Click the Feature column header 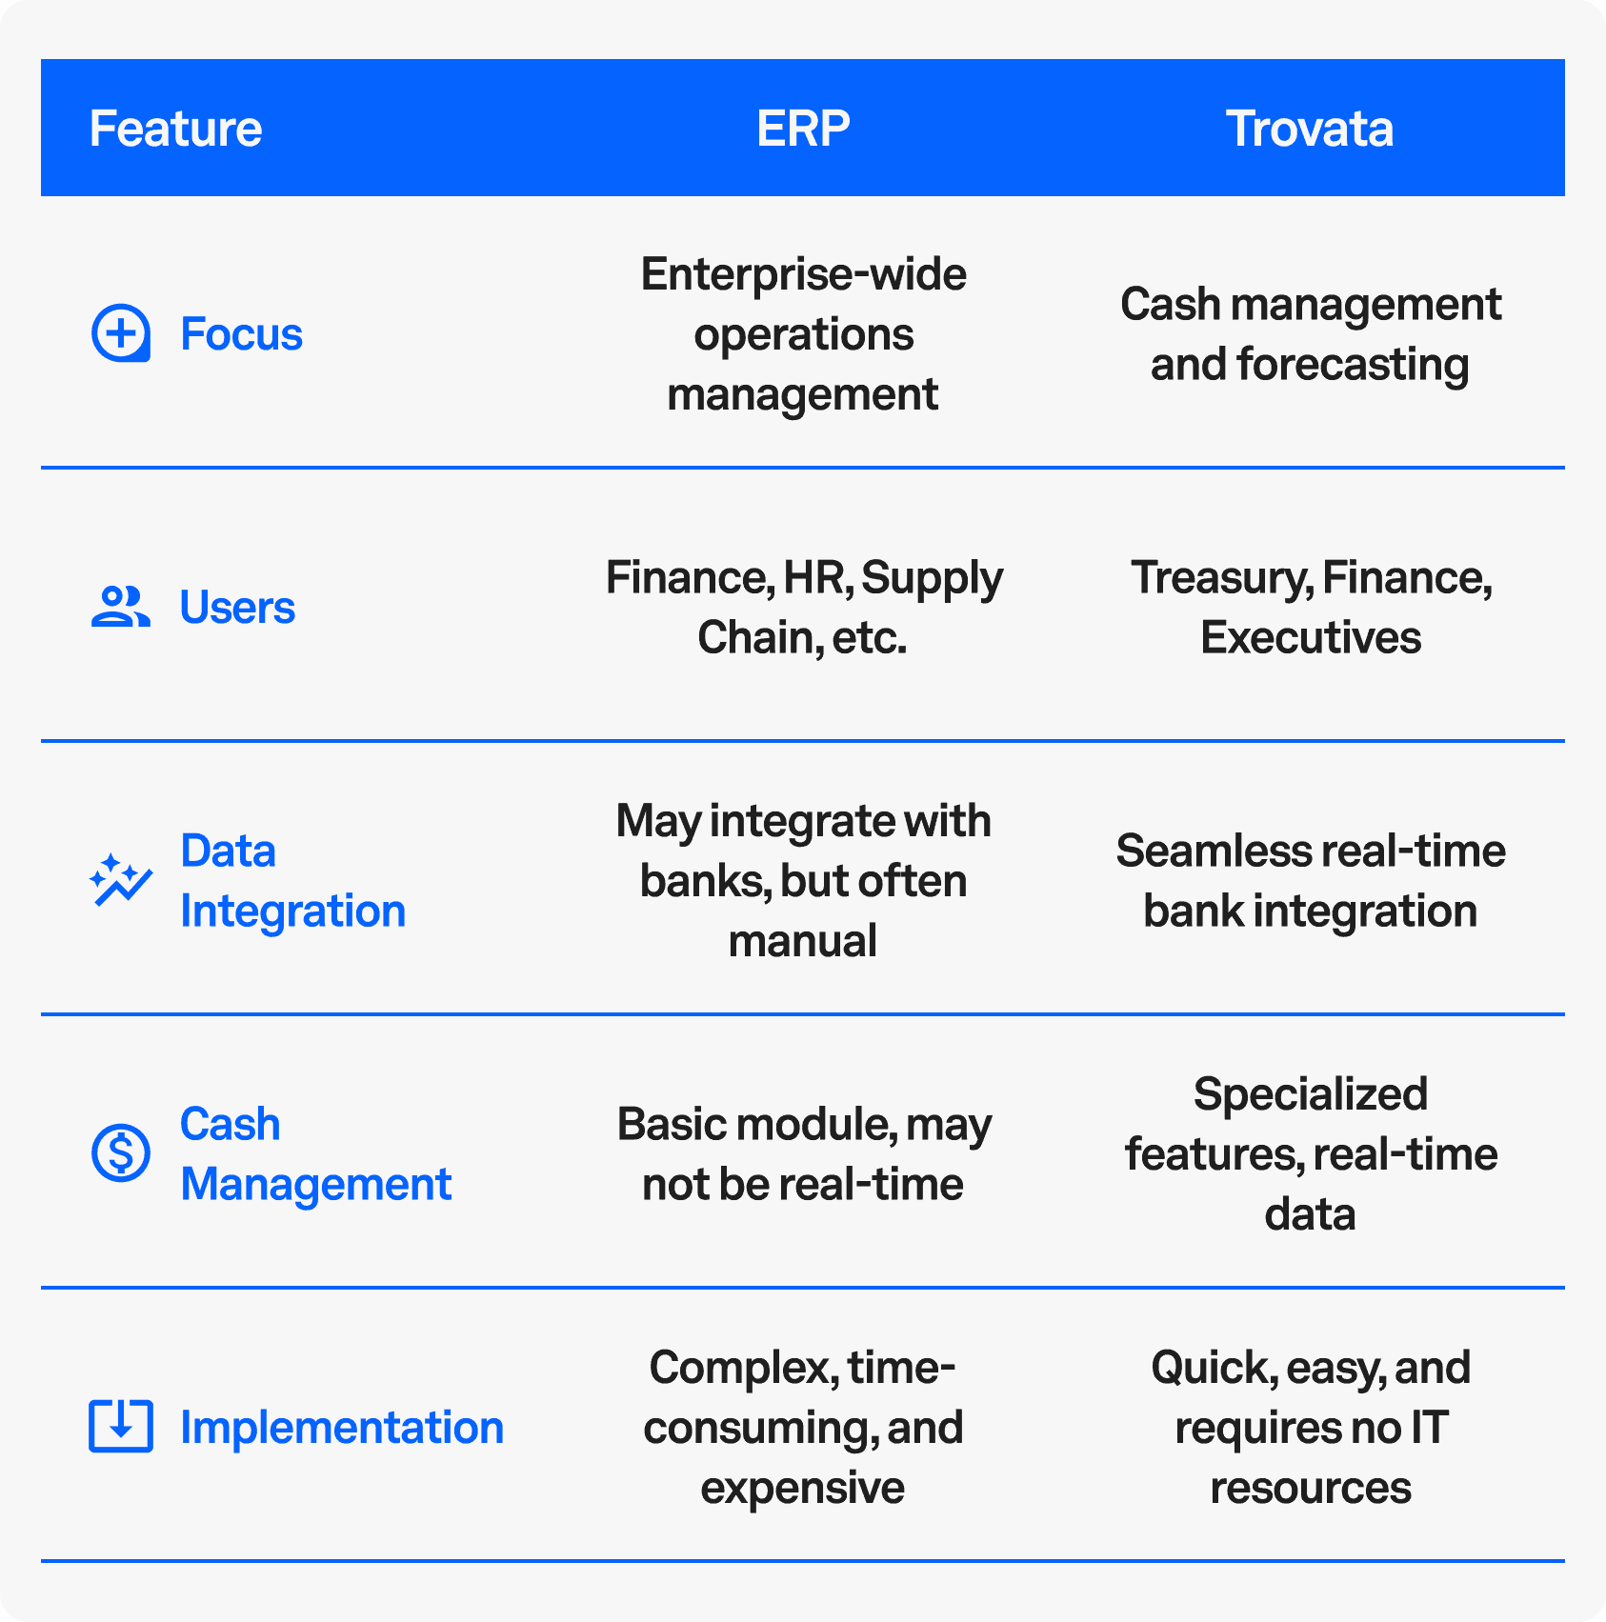175,129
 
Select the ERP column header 803,129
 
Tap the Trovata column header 1310,129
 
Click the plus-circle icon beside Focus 121,333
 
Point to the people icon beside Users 121,607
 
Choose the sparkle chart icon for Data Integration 121,880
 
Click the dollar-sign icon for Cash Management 121,1152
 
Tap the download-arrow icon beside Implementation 121,1426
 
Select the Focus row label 242,334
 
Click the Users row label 238,608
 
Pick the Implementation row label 342,1428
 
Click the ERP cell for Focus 803,334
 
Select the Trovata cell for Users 1311,608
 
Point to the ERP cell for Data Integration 803,881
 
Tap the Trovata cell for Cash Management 1311,1154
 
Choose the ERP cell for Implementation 803,1428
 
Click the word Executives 1311,637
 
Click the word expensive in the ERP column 803,1489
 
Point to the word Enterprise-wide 804,275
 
